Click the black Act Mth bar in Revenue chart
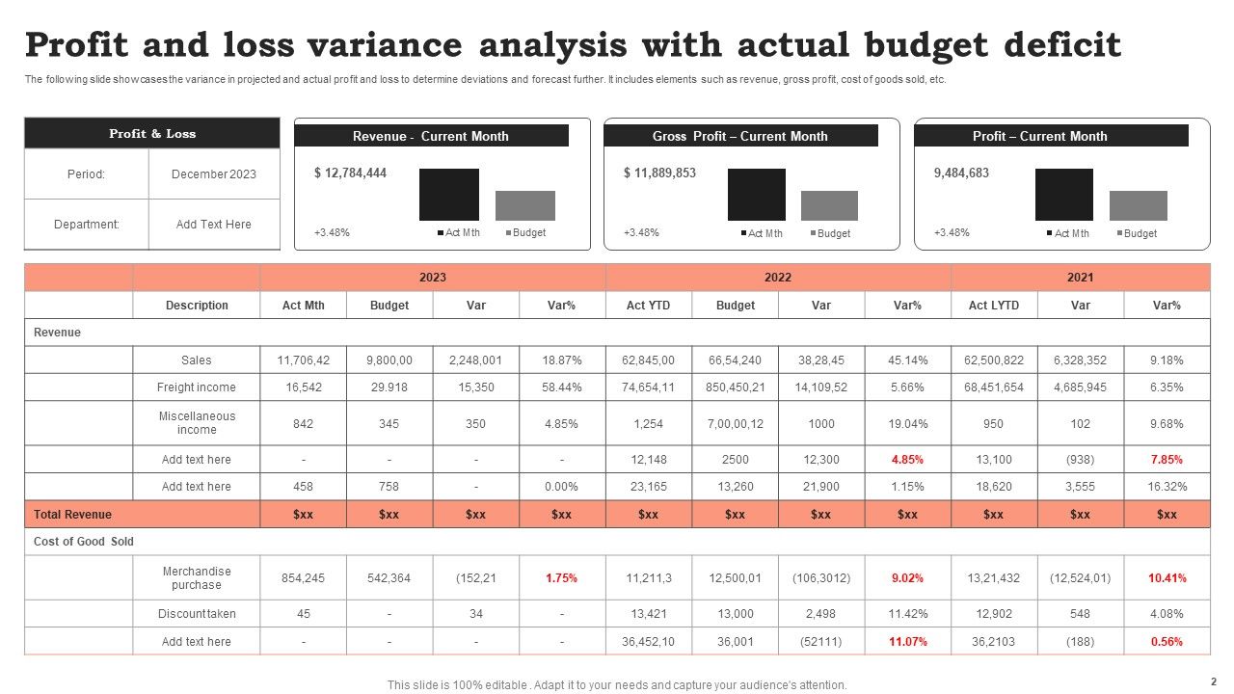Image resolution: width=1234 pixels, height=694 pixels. (x=448, y=195)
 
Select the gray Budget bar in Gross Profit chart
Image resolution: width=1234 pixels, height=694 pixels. (x=829, y=205)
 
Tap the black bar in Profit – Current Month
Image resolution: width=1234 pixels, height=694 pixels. (x=1063, y=195)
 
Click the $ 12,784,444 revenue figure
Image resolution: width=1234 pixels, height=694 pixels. (x=350, y=173)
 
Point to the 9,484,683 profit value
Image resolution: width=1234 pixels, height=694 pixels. (x=961, y=173)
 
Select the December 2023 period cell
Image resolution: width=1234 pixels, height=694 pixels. (x=214, y=174)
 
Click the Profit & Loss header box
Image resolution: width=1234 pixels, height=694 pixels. (x=152, y=133)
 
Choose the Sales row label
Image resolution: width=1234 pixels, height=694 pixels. (x=196, y=360)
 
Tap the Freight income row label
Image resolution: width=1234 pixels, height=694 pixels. (x=196, y=387)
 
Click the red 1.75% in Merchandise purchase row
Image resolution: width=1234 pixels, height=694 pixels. (x=561, y=578)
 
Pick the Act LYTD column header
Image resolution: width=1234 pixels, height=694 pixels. (x=993, y=306)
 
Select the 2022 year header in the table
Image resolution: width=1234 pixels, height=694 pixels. (x=778, y=278)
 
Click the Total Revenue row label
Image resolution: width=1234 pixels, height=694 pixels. (x=73, y=515)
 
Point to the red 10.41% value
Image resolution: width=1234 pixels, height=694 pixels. (x=1167, y=578)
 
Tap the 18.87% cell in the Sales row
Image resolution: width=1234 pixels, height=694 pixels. (x=561, y=360)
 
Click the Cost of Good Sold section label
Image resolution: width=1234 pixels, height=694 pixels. (x=84, y=542)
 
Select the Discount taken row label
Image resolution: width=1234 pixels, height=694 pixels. (x=197, y=614)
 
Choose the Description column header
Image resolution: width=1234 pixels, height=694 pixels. (x=197, y=306)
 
